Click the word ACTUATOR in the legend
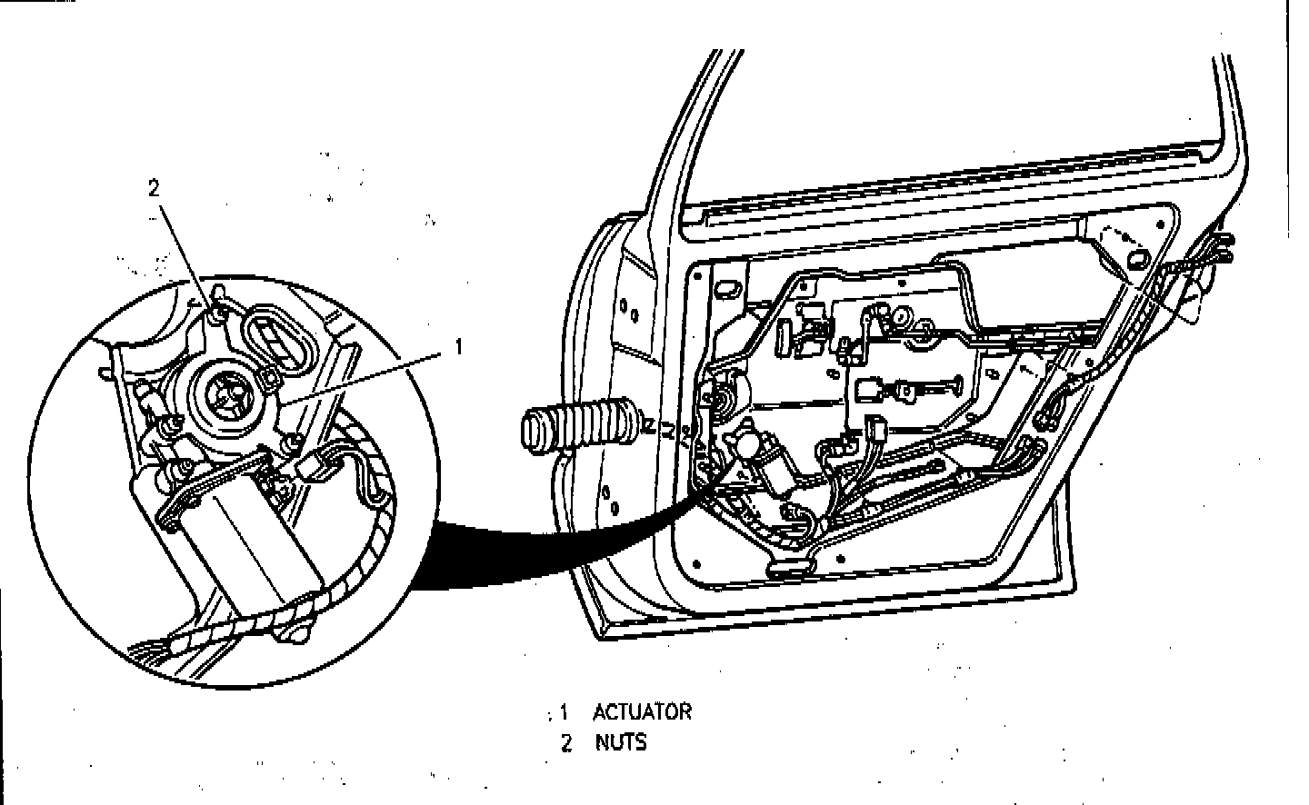(642, 711)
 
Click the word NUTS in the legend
(621, 742)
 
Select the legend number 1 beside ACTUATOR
(564, 711)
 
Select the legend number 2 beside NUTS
(565, 742)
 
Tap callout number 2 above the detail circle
(154, 188)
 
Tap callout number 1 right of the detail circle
(460, 346)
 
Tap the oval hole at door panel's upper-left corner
(727, 289)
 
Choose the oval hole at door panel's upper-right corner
(1137, 262)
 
